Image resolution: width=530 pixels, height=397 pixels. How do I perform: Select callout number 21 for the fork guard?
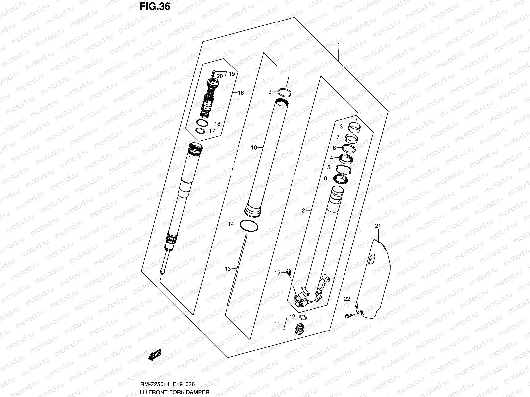378,226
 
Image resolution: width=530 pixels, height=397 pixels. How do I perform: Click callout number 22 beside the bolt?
347,299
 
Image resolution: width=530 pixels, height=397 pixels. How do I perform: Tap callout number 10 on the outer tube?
254,148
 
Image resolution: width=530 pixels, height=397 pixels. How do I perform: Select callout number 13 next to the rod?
227,269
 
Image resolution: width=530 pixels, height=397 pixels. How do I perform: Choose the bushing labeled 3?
354,126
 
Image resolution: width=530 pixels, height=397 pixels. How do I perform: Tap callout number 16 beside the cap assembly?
241,93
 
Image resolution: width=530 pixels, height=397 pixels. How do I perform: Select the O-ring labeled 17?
199,131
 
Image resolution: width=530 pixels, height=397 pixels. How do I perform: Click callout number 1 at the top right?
339,44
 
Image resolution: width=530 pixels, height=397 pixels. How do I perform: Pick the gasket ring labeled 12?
303,317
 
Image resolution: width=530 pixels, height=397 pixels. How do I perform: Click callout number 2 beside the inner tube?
303,210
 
